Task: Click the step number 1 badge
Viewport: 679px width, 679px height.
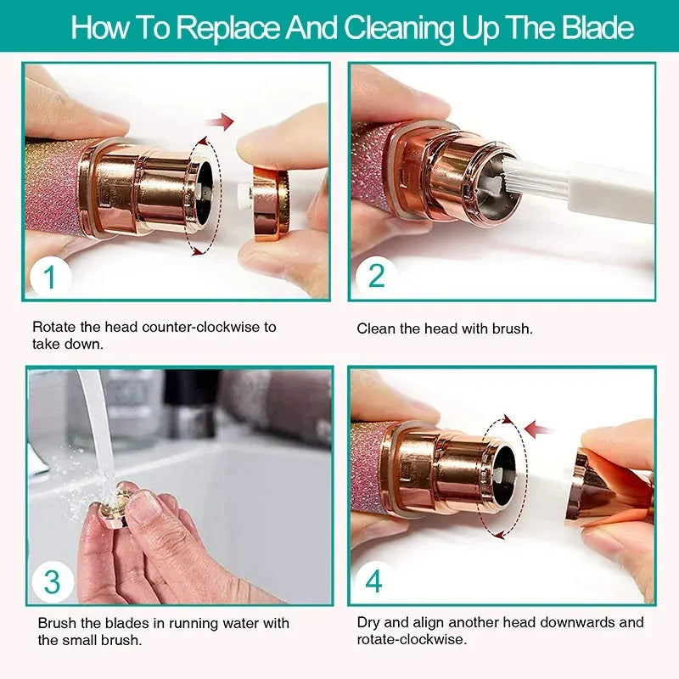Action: click(x=48, y=276)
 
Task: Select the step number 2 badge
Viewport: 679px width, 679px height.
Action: click(x=376, y=276)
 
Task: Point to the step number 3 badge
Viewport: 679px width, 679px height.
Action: click(x=53, y=582)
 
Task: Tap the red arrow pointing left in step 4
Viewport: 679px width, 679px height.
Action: click(x=538, y=429)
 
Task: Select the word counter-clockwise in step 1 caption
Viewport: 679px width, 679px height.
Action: click(x=179, y=327)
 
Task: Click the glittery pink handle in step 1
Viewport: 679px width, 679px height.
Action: click(x=51, y=182)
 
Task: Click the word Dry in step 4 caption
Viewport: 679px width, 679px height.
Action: click(x=368, y=623)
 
